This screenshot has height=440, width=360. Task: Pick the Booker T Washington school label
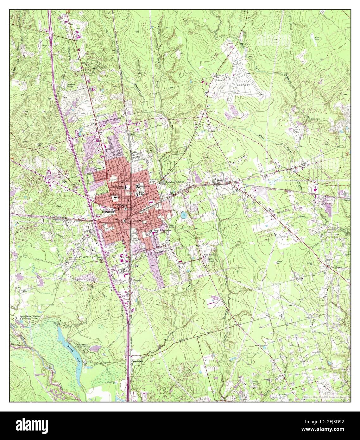161,231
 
